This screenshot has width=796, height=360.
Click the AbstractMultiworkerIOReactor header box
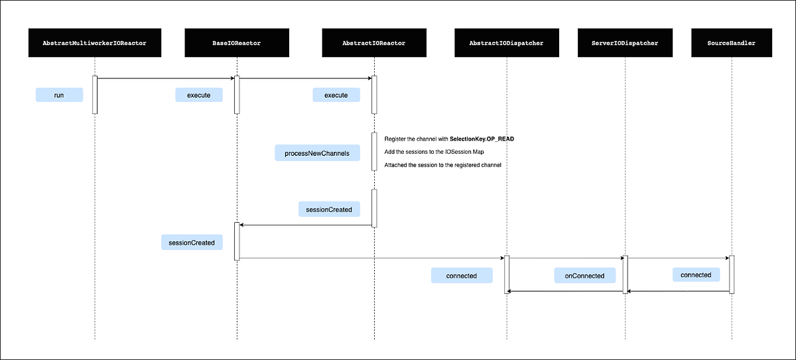94,43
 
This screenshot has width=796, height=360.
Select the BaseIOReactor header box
237,43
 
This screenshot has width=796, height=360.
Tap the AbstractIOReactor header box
373,43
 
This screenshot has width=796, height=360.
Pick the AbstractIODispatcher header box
506,43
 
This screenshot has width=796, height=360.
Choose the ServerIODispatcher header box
625,43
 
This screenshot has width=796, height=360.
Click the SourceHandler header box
732,43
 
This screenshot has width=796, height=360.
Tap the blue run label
59,95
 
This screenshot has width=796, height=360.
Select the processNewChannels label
317,153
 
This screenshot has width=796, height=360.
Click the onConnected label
584,275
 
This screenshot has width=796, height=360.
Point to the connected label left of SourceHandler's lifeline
696,274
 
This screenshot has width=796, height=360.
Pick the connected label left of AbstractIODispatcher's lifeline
462,275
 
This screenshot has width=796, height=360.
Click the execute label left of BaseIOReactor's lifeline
198,95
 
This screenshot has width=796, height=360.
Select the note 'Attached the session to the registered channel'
442,164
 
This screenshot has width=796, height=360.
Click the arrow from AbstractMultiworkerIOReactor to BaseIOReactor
166,78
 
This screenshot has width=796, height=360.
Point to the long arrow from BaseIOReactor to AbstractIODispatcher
371,258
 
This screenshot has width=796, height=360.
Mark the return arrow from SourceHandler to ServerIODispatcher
678,290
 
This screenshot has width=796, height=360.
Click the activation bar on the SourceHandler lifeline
732,274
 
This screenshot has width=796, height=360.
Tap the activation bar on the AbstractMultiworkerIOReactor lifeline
95,95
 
